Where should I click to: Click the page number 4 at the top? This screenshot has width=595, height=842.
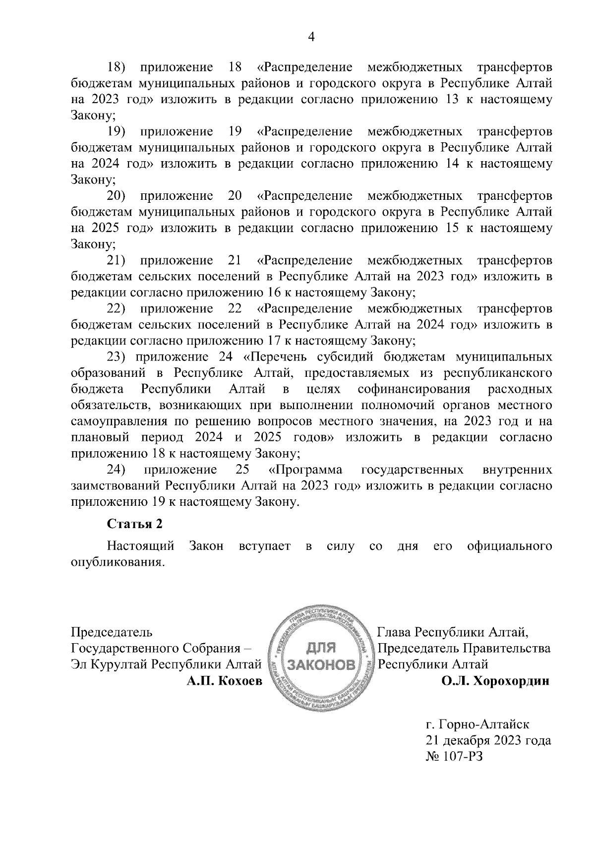(312, 37)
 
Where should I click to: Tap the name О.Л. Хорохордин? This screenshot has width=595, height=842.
(495, 681)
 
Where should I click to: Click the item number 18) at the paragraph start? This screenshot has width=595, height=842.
(118, 67)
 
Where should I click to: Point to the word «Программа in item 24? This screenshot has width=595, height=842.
(305, 470)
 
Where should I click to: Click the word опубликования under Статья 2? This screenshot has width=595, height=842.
(117, 563)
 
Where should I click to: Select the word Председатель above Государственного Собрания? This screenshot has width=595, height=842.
(112, 632)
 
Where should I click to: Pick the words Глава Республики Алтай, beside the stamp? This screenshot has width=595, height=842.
(453, 632)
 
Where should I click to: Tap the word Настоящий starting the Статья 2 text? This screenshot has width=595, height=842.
(141, 546)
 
